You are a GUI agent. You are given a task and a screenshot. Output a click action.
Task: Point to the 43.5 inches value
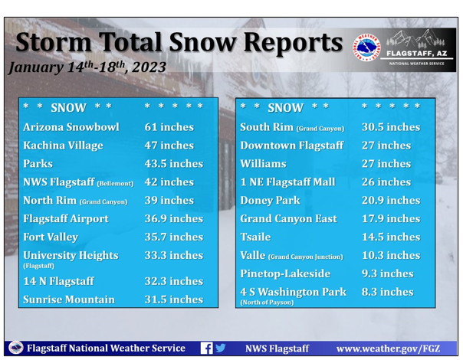click(x=173, y=164)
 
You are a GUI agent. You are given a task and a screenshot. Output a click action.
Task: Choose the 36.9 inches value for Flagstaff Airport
click(x=173, y=219)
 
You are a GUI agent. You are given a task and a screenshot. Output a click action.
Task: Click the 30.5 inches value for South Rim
click(x=390, y=127)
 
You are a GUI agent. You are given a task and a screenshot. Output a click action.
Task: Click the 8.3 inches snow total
click(x=386, y=292)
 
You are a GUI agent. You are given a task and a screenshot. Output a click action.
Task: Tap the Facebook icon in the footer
click(x=205, y=348)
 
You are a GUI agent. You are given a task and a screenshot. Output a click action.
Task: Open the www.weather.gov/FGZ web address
click(x=388, y=348)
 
